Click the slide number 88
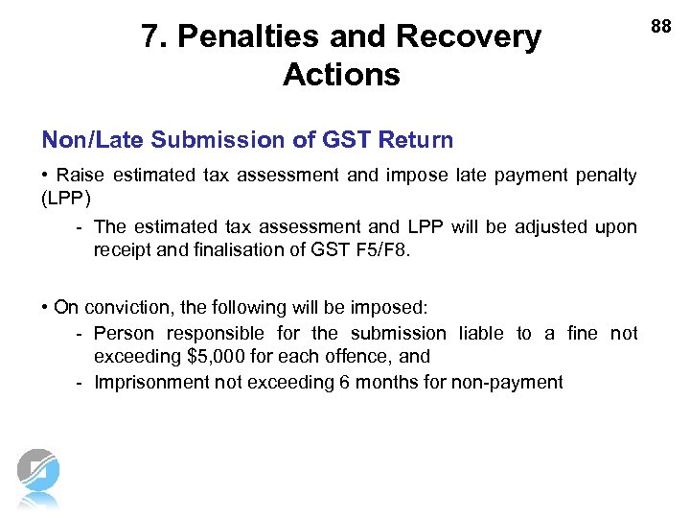point(661,27)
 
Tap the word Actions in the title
point(341,75)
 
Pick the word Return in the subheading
point(416,140)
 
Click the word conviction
point(128,308)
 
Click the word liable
point(481,333)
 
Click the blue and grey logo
point(38,477)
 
